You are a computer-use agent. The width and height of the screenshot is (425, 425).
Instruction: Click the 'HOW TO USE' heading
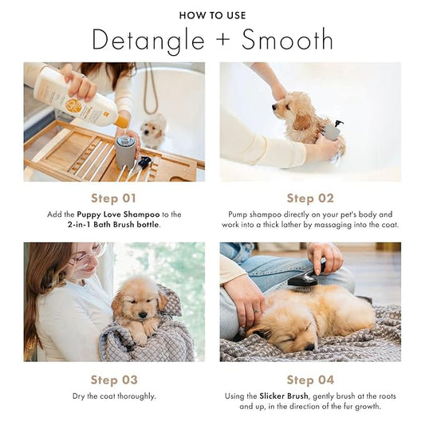coord(212,15)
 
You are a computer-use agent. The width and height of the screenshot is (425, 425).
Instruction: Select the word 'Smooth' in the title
coord(288,39)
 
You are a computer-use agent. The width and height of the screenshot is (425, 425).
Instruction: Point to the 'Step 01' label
coord(113,199)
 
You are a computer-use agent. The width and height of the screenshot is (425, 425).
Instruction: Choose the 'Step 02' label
coord(310,199)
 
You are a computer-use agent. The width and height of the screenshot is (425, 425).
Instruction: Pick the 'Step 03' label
coord(113,380)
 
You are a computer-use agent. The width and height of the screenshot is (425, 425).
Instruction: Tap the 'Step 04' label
coord(310,380)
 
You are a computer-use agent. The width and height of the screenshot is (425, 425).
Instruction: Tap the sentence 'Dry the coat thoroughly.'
coord(113,395)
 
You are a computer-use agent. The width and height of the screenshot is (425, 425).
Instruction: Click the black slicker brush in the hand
coord(305,277)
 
